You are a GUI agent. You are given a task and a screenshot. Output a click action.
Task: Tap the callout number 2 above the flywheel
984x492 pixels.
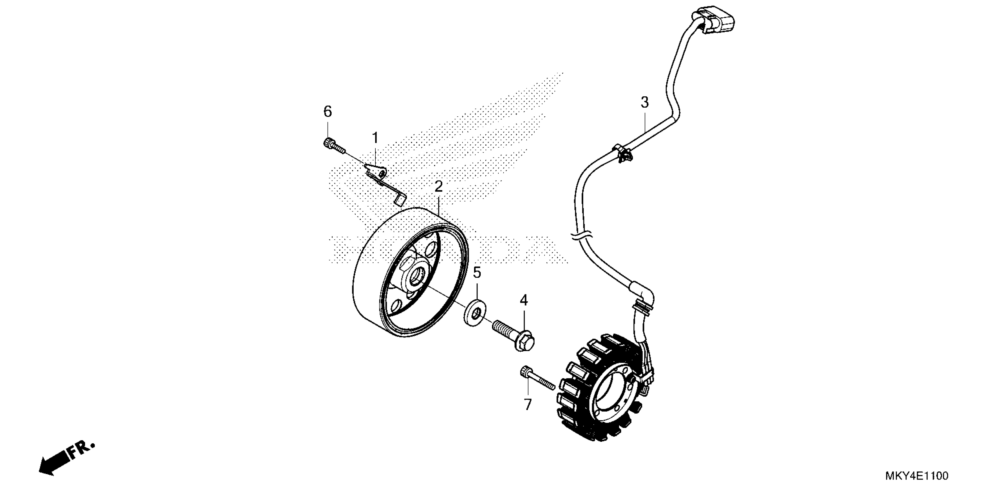(x=438, y=187)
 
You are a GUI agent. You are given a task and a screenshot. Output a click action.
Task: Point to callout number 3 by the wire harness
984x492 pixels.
(x=645, y=102)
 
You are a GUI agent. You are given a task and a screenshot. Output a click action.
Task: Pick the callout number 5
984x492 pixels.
(x=477, y=273)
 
